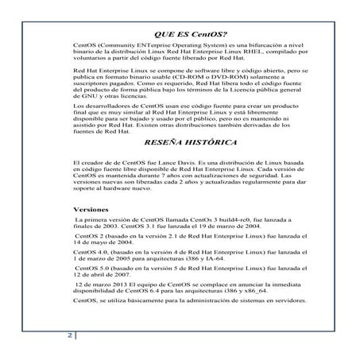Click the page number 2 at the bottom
pos(69,335)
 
